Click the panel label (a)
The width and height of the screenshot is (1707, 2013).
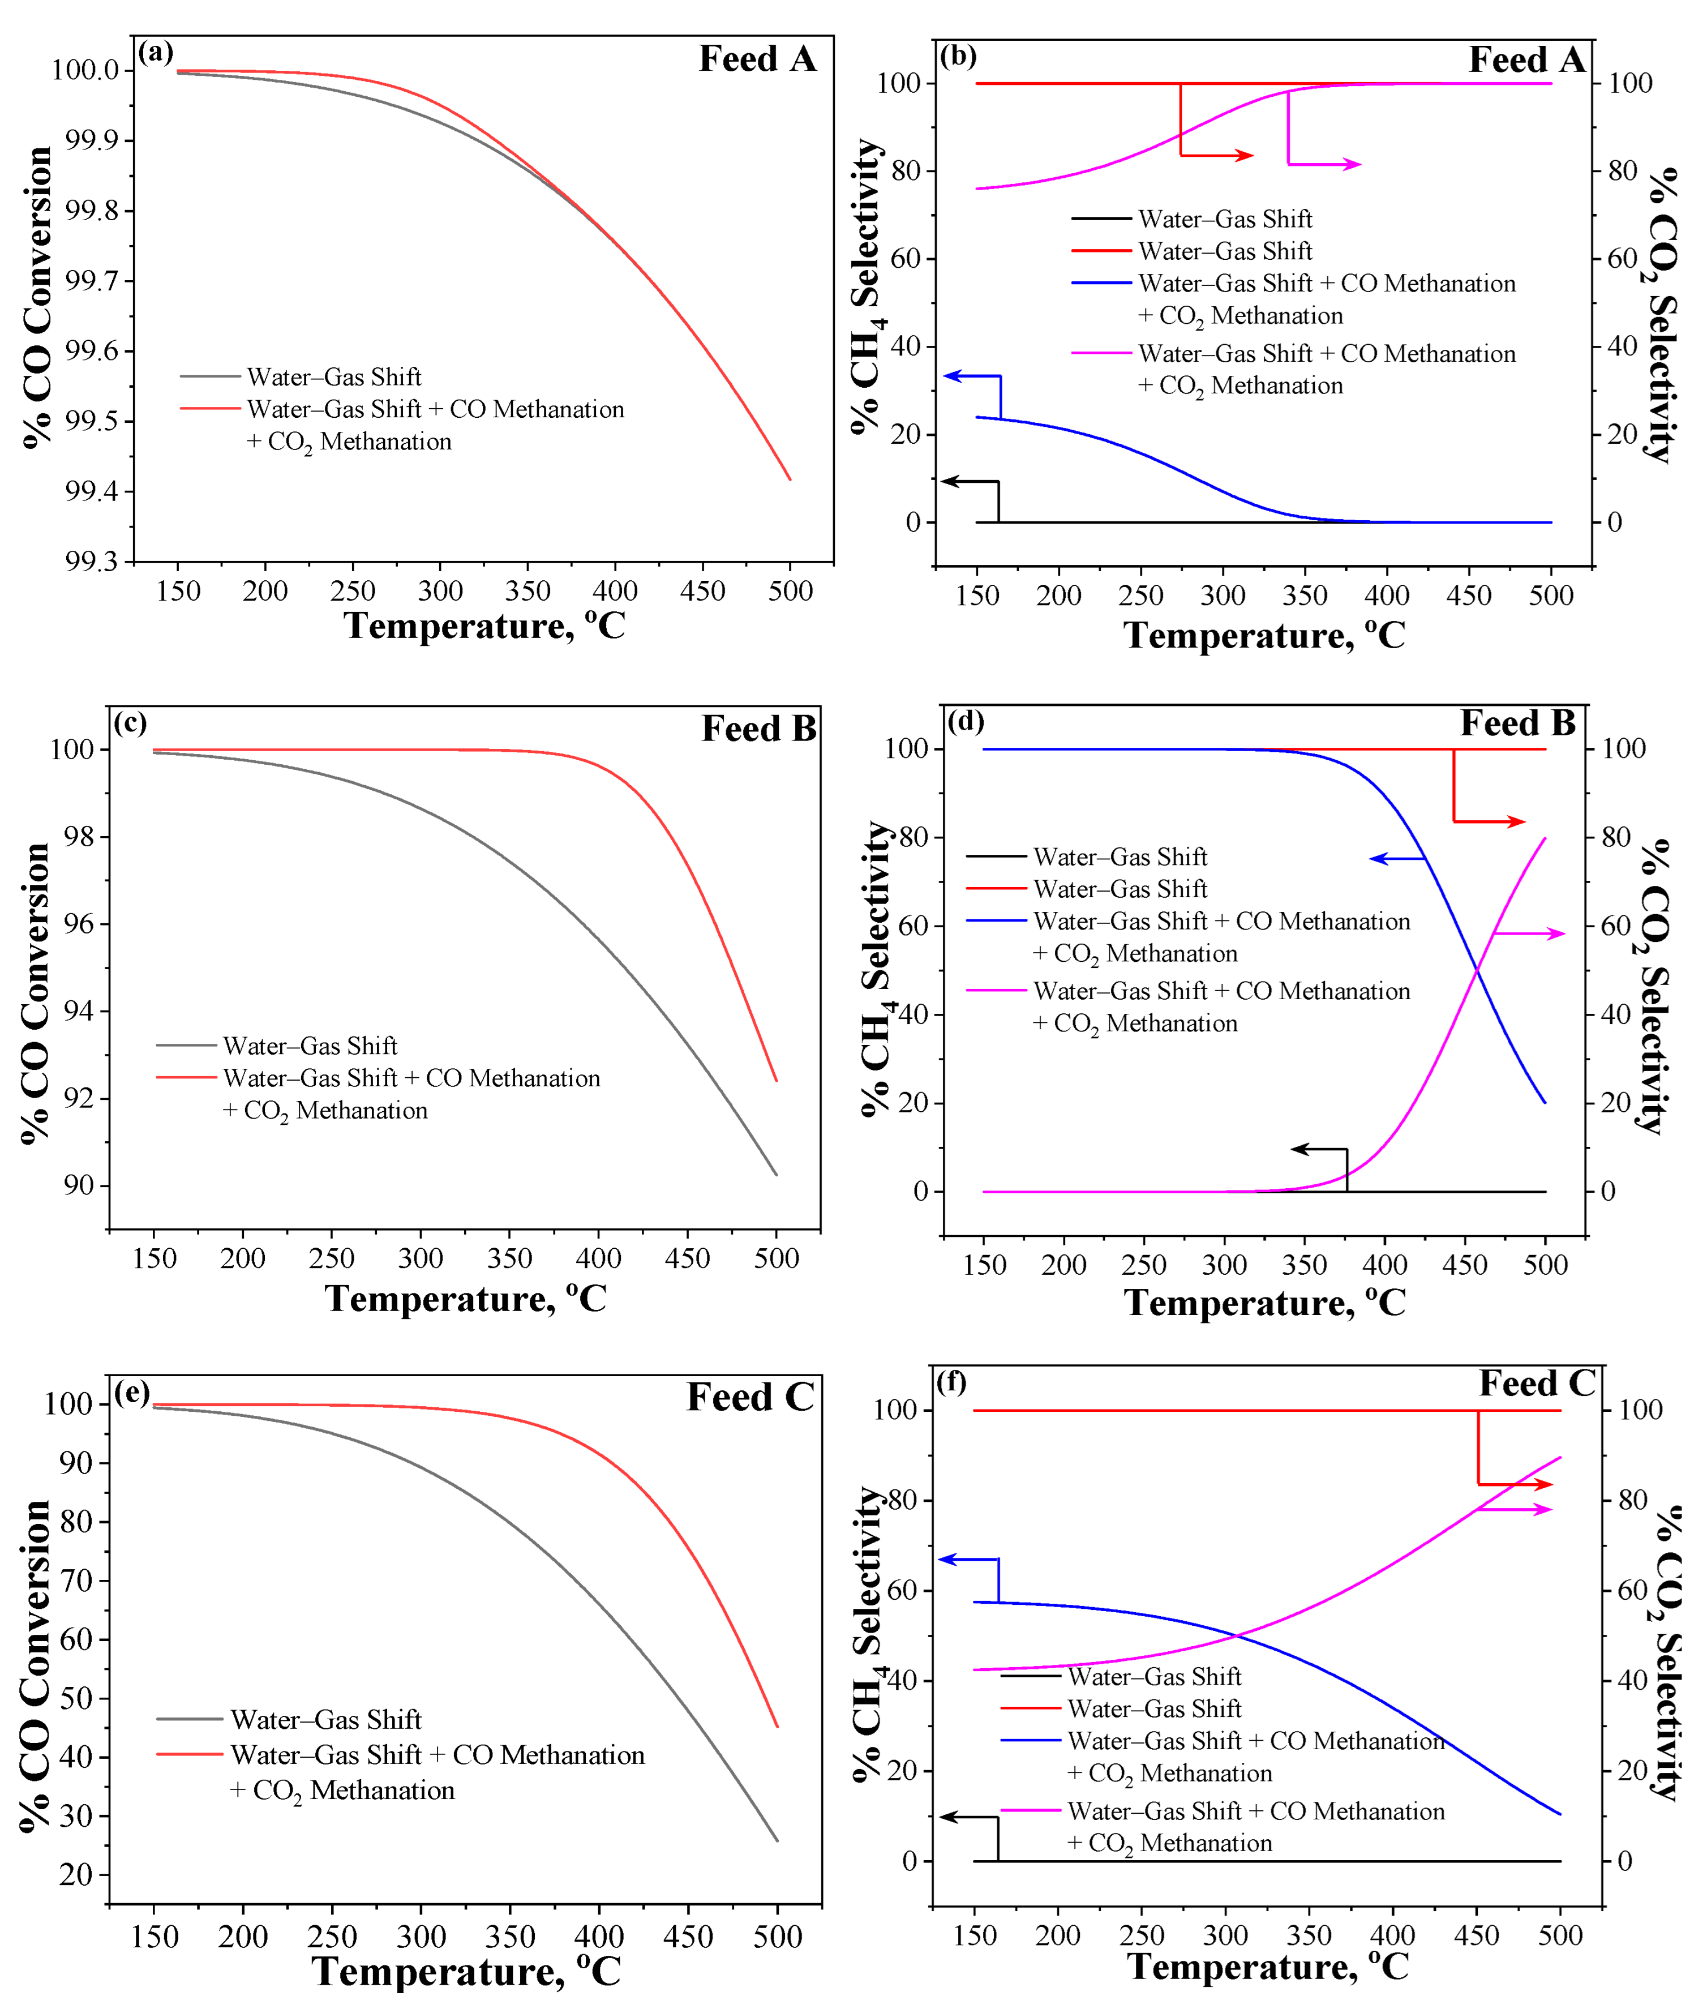click(x=155, y=52)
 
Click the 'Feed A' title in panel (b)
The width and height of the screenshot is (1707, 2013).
click(x=1526, y=60)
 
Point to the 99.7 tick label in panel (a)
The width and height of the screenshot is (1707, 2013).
click(x=92, y=281)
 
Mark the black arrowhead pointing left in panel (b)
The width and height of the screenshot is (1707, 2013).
click(x=949, y=481)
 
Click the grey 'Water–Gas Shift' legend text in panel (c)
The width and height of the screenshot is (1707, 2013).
click(x=310, y=1046)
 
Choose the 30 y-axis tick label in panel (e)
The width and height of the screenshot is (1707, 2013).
click(x=75, y=1815)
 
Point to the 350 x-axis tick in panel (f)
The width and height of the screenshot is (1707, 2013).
click(x=1309, y=1935)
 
